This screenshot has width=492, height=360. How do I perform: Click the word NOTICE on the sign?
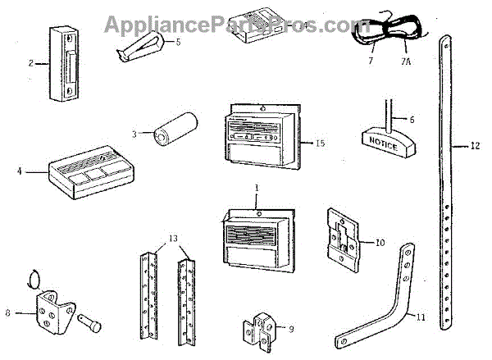385,146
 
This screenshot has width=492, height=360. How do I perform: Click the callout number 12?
476,147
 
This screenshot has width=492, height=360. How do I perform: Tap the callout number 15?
319,143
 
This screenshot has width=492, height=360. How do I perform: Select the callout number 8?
8,312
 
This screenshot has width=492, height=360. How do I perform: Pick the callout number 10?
380,242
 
